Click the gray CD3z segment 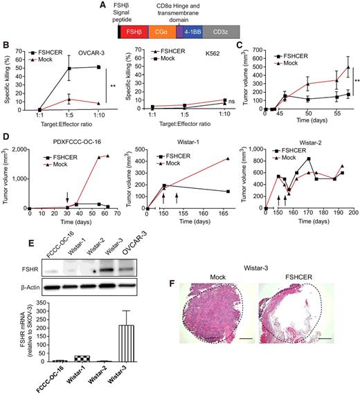coord(224,30)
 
